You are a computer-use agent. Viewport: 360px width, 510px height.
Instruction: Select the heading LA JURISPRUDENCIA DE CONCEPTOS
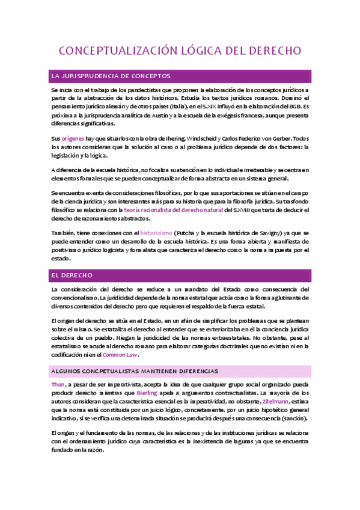pos(111,76)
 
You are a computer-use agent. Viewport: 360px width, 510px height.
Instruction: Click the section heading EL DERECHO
pos(72,275)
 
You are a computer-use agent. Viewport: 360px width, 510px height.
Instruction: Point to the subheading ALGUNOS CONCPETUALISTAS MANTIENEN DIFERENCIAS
pos(135,371)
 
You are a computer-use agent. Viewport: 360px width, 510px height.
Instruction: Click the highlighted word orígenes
pos(73,138)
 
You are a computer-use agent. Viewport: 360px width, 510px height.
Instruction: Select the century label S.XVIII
pos(237,210)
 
